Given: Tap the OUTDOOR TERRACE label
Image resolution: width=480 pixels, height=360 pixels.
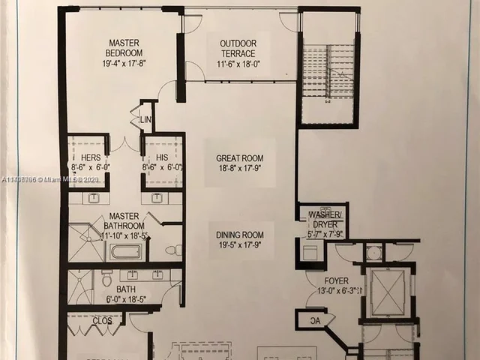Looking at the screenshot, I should (238, 48).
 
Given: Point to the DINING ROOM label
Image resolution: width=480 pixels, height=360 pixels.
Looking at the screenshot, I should (241, 234).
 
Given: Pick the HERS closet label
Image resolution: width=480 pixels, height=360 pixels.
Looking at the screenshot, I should (91, 157).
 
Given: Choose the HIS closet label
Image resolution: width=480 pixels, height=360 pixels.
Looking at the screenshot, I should (163, 157).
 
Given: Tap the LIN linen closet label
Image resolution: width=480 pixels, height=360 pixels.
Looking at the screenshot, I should (145, 118).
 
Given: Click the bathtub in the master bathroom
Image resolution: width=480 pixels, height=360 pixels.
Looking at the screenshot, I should (124, 251).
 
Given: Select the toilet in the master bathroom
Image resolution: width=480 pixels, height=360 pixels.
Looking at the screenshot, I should (172, 250).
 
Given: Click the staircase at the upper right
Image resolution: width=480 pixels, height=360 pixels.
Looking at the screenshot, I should (327, 71).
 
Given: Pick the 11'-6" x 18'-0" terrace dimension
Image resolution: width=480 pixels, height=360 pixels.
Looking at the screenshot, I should (238, 64).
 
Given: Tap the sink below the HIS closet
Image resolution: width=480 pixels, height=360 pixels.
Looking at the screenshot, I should (157, 198).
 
